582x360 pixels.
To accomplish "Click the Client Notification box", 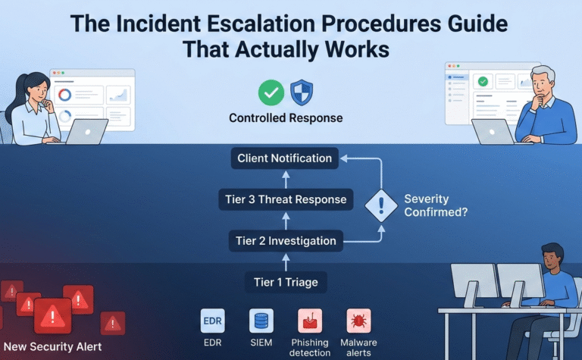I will tap(284, 158).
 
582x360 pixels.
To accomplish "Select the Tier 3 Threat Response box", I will tap(286, 200).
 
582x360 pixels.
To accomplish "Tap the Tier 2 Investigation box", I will tap(285, 241).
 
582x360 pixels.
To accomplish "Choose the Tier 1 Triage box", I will tap(285, 283).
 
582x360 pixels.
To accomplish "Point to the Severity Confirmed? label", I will tap(436, 205).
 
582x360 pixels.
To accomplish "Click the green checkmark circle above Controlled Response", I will tap(271, 92).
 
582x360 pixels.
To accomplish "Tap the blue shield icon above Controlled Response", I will tap(302, 92).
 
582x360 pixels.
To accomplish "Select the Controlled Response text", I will tap(286, 118).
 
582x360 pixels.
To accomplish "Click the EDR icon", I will tap(212, 321).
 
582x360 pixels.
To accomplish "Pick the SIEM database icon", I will tap(261, 321).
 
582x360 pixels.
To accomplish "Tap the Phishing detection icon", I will tap(310, 321).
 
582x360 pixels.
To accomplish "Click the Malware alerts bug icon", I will tap(358, 321).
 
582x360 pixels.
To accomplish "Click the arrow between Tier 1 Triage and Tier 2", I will tap(286, 262).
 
